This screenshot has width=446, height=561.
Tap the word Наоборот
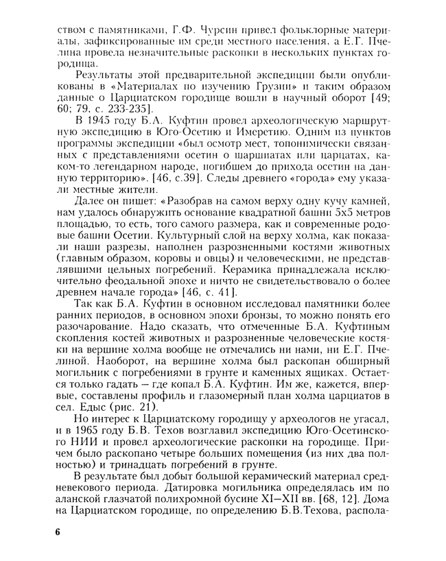pos(99,359)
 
